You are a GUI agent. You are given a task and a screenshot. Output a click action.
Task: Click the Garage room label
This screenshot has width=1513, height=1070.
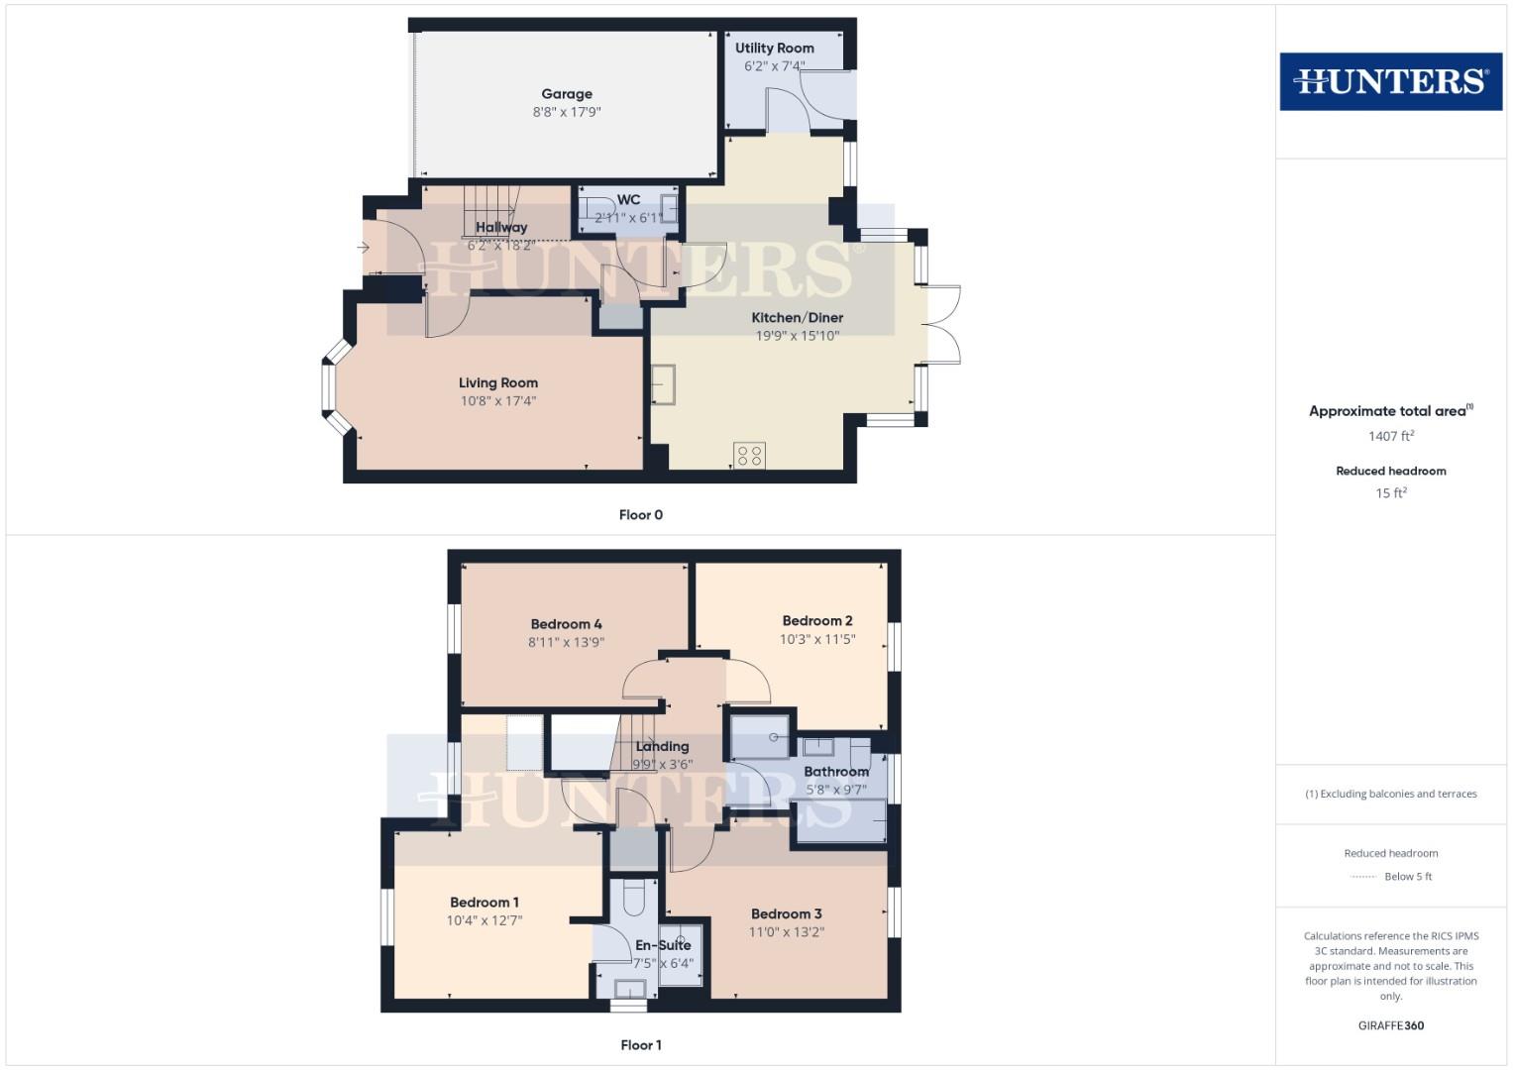pyautogui.click(x=567, y=94)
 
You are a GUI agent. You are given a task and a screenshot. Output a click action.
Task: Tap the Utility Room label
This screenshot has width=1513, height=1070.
pyautogui.click(x=774, y=48)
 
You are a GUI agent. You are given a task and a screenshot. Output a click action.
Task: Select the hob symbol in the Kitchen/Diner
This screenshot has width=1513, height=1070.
pyautogui.click(x=750, y=456)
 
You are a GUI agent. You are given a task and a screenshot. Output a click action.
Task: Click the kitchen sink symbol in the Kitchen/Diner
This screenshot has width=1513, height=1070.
pyautogui.click(x=663, y=384)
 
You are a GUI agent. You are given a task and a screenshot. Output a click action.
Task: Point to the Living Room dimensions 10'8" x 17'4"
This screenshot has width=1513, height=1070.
pyautogui.click(x=497, y=401)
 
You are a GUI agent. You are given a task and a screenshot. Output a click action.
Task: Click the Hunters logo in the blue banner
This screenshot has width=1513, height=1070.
pyautogui.click(x=1390, y=81)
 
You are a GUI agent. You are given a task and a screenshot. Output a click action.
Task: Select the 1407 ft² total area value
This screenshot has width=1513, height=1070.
pyautogui.click(x=1390, y=436)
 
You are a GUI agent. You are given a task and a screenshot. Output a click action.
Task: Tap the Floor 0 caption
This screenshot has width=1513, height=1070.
pyautogui.click(x=640, y=515)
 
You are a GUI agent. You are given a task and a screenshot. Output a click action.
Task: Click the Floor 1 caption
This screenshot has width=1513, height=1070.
pyautogui.click(x=640, y=1045)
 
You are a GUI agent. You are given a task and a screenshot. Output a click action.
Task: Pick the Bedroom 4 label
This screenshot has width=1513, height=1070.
pyautogui.click(x=566, y=624)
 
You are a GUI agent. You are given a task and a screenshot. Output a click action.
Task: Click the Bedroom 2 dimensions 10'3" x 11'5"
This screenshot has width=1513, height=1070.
pyautogui.click(x=816, y=640)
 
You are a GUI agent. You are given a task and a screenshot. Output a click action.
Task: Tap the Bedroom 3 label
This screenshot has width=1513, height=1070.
pyautogui.click(x=786, y=914)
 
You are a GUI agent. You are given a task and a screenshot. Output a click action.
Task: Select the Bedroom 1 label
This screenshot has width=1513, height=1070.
pyautogui.click(x=484, y=903)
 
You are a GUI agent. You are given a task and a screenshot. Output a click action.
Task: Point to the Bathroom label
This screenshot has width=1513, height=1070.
pyautogui.click(x=836, y=772)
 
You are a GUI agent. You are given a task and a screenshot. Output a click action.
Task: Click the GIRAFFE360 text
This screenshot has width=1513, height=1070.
pyautogui.click(x=1390, y=1026)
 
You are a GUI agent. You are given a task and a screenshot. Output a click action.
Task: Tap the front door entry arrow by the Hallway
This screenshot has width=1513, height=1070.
pyautogui.click(x=364, y=248)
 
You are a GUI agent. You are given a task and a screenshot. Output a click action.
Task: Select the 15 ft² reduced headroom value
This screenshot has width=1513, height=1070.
pyautogui.click(x=1390, y=493)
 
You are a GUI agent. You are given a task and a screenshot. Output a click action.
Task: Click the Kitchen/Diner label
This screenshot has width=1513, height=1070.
pyautogui.click(x=797, y=318)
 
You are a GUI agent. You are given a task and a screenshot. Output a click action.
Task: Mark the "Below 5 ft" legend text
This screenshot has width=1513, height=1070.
pyautogui.click(x=1407, y=877)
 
